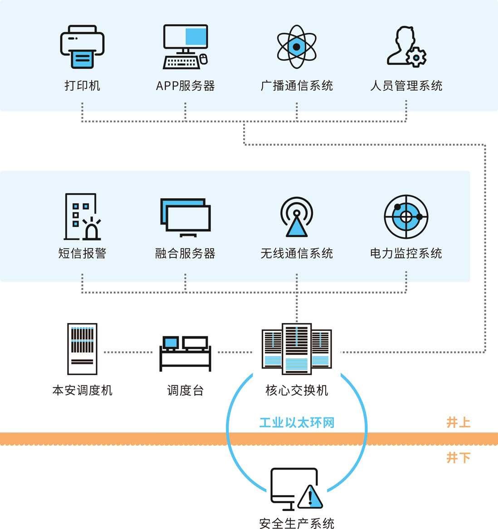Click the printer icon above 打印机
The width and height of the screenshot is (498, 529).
[82, 47]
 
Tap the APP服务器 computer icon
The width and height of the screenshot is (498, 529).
[185, 46]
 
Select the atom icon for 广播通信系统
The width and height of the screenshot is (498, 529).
[297, 47]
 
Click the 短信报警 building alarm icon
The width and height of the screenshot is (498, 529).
[82, 217]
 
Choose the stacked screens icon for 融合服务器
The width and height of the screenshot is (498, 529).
[185, 217]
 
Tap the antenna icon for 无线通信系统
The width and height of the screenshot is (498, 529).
[297, 217]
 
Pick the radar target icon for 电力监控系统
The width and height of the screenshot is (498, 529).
[406, 217]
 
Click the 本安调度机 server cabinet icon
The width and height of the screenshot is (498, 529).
[82, 349]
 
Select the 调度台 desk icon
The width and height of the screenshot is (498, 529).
[185, 353]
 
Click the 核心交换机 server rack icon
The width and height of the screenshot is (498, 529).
[297, 349]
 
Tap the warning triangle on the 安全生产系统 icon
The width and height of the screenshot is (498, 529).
[310, 497]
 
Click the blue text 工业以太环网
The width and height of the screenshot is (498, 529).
[297, 423]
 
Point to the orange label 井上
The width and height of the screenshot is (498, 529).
[458, 422]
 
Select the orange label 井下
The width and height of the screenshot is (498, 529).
[458, 457]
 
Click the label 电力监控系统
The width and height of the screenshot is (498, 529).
[406, 253]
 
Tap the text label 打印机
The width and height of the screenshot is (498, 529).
[82, 86]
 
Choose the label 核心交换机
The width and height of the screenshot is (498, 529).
[297, 390]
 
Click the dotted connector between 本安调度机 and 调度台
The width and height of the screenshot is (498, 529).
[128, 352]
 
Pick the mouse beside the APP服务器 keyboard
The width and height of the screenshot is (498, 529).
[204, 59]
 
